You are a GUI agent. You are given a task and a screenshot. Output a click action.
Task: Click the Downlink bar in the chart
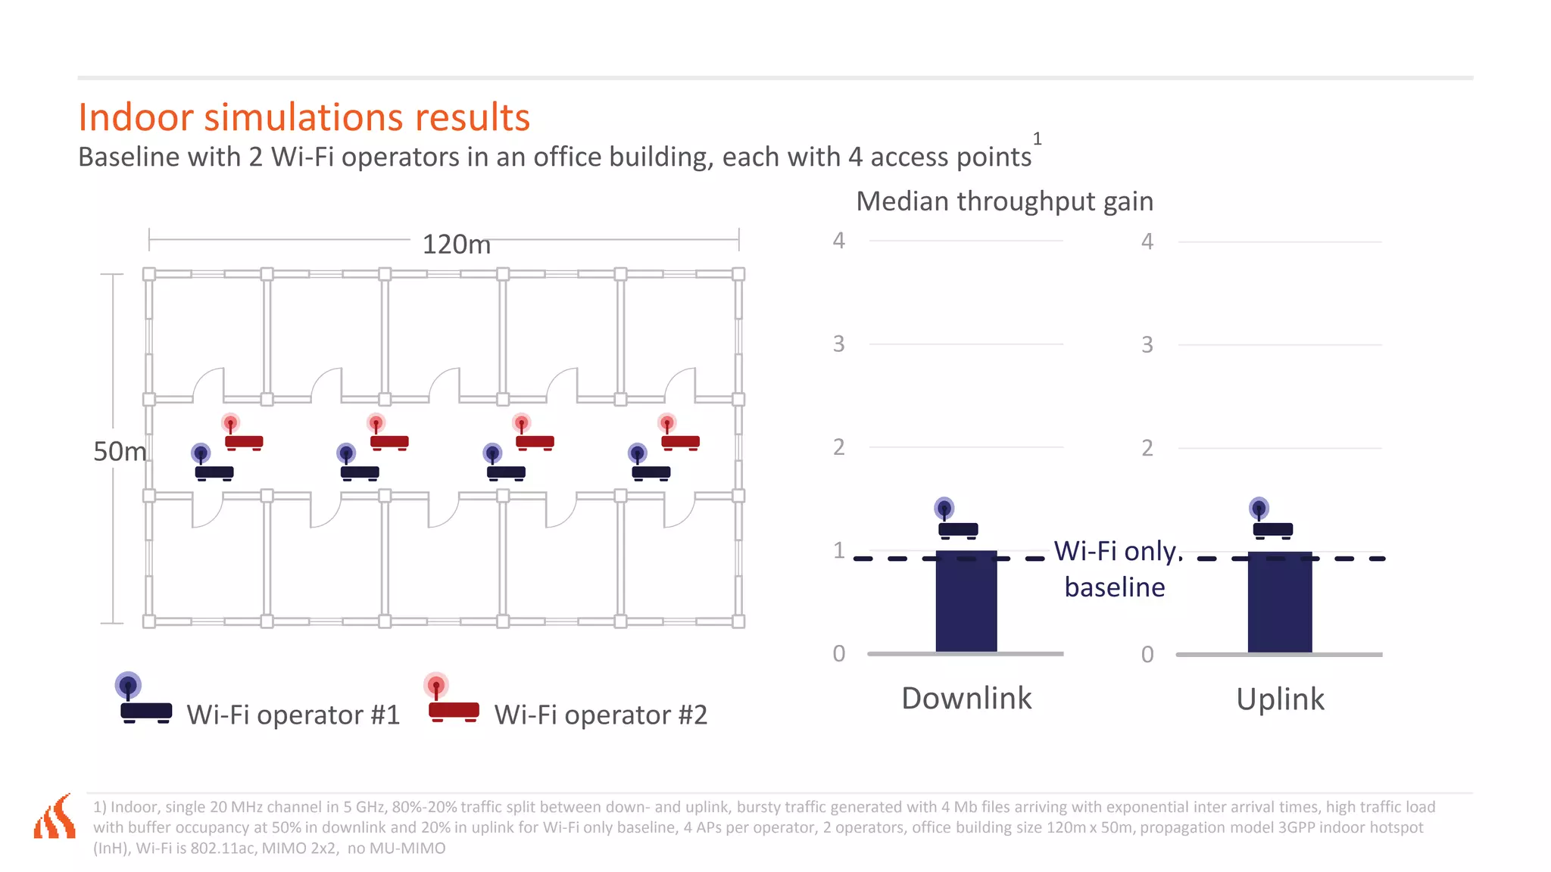click(x=966, y=601)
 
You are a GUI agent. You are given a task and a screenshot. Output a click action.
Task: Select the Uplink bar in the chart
click(x=1279, y=602)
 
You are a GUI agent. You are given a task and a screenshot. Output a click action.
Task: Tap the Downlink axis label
click(x=966, y=698)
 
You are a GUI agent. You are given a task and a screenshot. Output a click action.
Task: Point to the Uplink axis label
click(x=1280, y=699)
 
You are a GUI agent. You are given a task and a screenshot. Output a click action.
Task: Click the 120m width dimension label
click(x=456, y=244)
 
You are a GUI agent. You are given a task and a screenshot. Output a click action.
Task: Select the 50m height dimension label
click(x=120, y=451)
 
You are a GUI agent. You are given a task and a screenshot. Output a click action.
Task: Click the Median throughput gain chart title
click(x=1004, y=201)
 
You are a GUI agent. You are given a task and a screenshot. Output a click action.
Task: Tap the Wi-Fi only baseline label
click(x=1116, y=568)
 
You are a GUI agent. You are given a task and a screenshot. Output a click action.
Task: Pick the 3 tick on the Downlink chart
click(x=838, y=344)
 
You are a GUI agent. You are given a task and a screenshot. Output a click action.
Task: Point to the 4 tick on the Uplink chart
click(x=1147, y=242)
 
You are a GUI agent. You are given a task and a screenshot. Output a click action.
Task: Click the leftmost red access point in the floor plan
click(x=242, y=434)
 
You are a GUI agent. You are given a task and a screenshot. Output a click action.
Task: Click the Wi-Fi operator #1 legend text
click(x=293, y=715)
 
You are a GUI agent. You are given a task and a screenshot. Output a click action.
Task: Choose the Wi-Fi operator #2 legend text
click(x=601, y=715)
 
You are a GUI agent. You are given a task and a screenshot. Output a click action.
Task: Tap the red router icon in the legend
click(x=452, y=699)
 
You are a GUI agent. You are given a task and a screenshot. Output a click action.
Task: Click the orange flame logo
click(x=55, y=817)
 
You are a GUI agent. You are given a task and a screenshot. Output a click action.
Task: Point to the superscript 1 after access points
click(x=1037, y=139)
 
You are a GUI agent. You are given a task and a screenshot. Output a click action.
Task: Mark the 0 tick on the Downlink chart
click(x=838, y=653)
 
